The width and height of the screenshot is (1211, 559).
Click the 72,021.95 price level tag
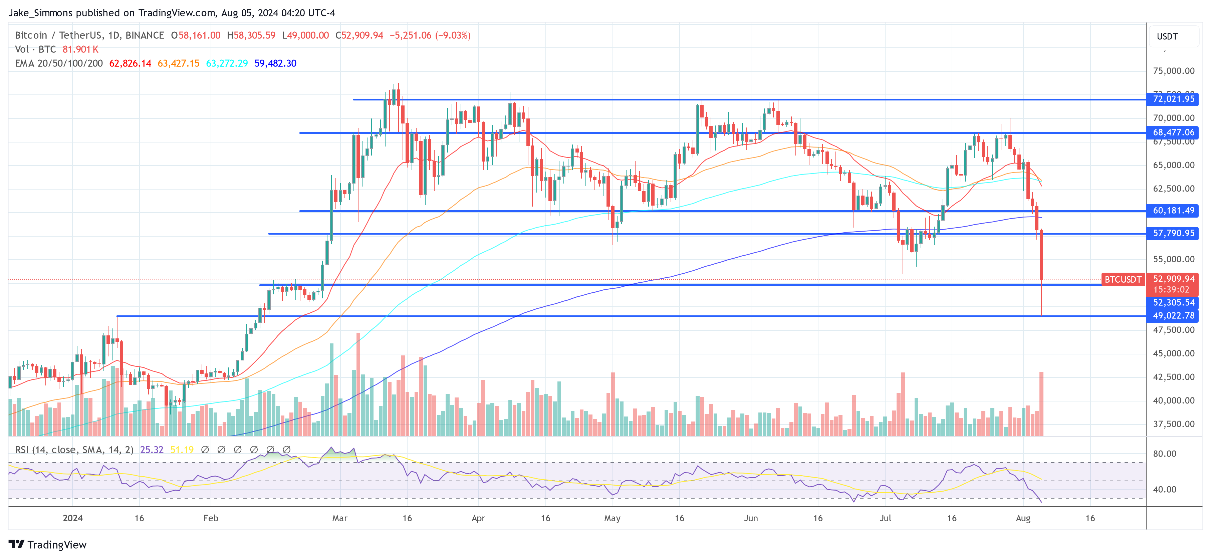[x=1173, y=99]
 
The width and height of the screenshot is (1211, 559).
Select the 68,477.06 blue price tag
[x=1173, y=132]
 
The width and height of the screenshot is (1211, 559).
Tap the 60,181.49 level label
[x=1173, y=211]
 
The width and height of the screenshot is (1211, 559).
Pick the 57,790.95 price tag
[x=1173, y=233]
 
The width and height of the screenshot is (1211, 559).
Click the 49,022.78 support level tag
[x=1173, y=316]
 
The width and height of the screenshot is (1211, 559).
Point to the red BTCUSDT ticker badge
[x=1123, y=280]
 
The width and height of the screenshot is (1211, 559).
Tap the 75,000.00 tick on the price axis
[x=1173, y=71]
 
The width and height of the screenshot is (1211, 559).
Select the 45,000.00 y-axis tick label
[x=1173, y=353]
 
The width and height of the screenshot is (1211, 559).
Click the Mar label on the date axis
[x=339, y=518]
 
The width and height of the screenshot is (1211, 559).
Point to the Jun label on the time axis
[x=751, y=518]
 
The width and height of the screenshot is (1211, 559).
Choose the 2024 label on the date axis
[x=72, y=518]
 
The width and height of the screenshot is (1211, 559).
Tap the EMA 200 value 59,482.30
[x=275, y=63]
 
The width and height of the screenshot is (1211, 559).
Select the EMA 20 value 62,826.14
[x=130, y=63]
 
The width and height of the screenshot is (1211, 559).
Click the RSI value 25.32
[x=152, y=450]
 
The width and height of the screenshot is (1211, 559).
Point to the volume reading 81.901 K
[x=80, y=49]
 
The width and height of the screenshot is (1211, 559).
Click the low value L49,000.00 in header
[x=305, y=35]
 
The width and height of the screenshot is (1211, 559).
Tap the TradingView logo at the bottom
[x=47, y=544]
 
